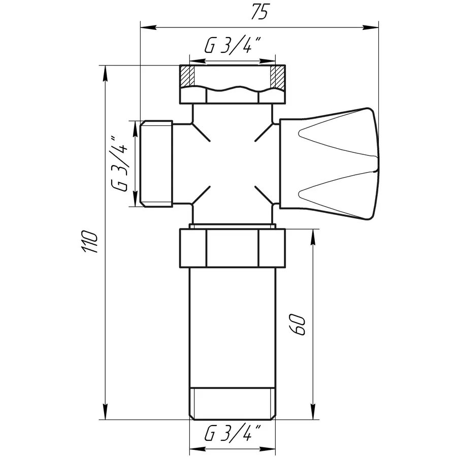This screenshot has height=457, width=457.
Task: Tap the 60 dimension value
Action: (x=299, y=324)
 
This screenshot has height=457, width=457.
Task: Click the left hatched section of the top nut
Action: (x=187, y=76)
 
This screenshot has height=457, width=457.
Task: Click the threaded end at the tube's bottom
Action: (x=232, y=404)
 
